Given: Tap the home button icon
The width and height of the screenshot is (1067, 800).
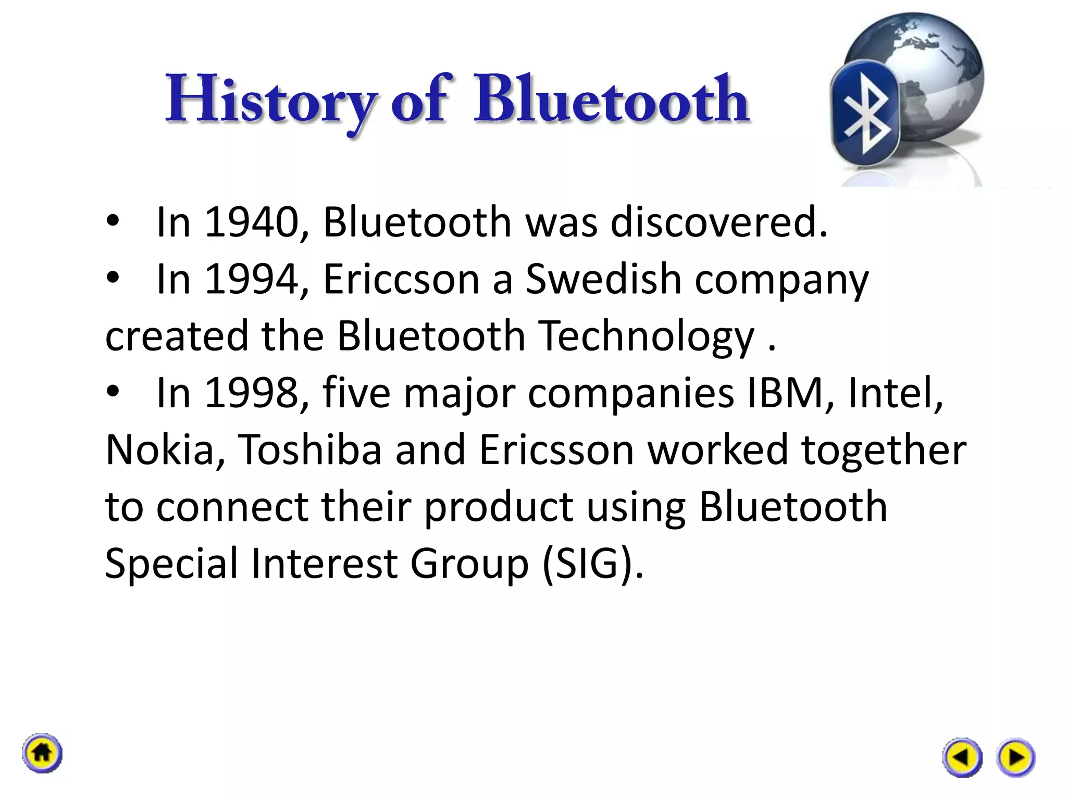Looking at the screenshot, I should coord(42,753).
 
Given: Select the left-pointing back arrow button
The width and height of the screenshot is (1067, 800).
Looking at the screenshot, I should coord(962,757).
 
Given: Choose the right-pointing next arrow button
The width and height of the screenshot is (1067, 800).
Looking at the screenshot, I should coord(1015,757).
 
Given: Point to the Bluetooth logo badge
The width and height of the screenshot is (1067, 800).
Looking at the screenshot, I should coord(865,113).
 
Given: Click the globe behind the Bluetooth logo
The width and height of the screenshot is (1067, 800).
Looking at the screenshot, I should coord(933,68).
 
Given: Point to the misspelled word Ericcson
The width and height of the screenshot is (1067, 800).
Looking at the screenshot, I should coord(401,279).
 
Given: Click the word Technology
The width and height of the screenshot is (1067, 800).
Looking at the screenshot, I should coord(646,336).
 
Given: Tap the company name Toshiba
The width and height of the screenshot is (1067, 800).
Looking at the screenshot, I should coord(310,449).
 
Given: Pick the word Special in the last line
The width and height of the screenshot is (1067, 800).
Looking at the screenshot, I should coord(171,564).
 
